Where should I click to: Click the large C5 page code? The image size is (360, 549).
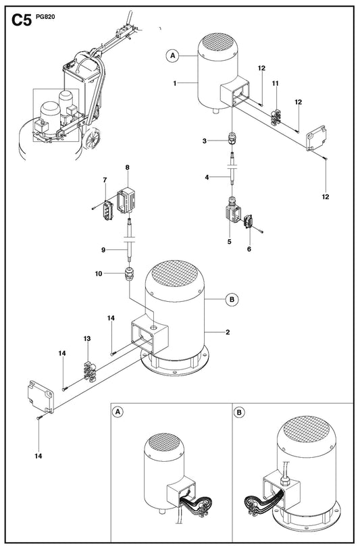(22, 20)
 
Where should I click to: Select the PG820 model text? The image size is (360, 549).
(45, 16)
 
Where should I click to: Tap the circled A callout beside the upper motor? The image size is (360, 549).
(172, 56)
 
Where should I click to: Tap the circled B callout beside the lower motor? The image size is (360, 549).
(232, 300)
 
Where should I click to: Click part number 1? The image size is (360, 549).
(175, 83)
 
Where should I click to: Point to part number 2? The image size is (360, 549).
(228, 332)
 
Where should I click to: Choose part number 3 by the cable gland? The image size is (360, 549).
(205, 141)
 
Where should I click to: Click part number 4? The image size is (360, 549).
(207, 178)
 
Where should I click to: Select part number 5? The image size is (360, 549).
(230, 242)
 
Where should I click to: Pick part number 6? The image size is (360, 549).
(249, 249)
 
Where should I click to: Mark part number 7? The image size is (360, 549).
(105, 180)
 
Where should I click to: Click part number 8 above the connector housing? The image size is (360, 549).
(127, 167)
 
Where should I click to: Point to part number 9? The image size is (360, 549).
(103, 250)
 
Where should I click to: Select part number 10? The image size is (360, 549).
(99, 273)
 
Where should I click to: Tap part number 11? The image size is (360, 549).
(276, 83)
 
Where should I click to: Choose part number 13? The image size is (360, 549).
(87, 338)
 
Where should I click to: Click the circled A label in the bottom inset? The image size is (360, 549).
(118, 412)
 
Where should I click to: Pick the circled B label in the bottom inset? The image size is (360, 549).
(239, 412)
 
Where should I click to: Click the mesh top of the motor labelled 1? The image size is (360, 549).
(217, 43)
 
